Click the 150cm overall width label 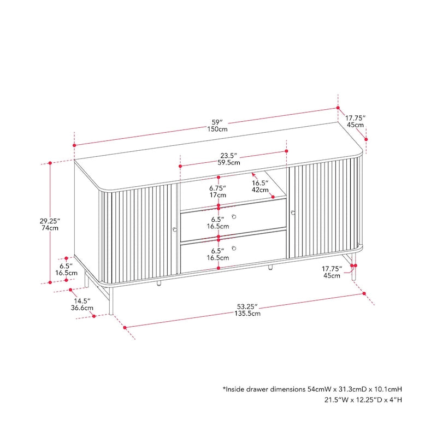(x=217, y=129)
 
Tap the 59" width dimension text (x=217, y=121)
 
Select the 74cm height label (x=50, y=228)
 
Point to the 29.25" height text (x=50, y=221)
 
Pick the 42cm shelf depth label (x=260, y=190)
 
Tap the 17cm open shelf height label (x=218, y=195)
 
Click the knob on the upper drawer (x=234, y=217)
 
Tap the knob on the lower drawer (x=234, y=249)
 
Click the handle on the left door (x=174, y=229)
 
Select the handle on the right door (x=293, y=212)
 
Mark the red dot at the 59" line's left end (x=74, y=145)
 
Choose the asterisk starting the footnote (x=225, y=389)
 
